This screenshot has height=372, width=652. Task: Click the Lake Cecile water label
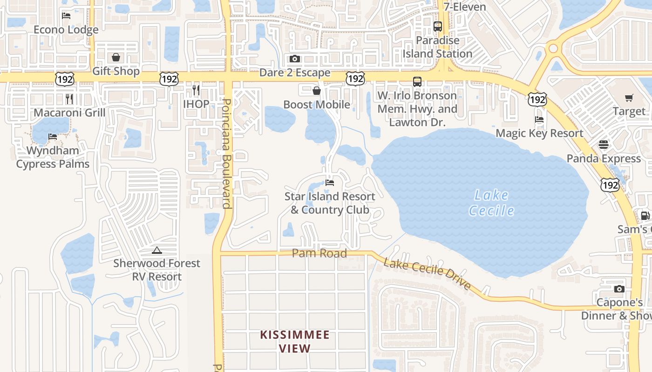491,203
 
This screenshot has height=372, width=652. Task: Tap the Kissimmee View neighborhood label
295,341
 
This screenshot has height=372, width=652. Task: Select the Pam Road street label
319,253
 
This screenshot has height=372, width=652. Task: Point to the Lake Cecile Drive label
428,274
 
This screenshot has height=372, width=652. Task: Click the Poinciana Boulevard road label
227,153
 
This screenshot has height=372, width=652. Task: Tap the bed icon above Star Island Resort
330,183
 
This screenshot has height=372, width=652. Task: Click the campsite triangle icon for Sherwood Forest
157,251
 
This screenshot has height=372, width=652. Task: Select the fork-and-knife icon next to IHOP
196,90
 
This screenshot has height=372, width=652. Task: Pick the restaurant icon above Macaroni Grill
69,99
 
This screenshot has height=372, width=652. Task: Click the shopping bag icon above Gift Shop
116,57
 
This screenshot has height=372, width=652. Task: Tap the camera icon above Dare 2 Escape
295,59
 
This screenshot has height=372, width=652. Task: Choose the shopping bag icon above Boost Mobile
317,91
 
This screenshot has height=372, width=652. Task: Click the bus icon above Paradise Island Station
438,27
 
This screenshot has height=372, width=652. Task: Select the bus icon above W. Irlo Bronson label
417,82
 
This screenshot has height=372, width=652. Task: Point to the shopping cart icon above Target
629,98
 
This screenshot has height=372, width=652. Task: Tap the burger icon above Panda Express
604,145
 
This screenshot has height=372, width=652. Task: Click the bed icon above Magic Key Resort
539,120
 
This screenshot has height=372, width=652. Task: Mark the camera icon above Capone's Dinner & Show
619,289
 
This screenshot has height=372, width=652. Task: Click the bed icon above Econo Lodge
66,16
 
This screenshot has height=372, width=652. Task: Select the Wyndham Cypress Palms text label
53,157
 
